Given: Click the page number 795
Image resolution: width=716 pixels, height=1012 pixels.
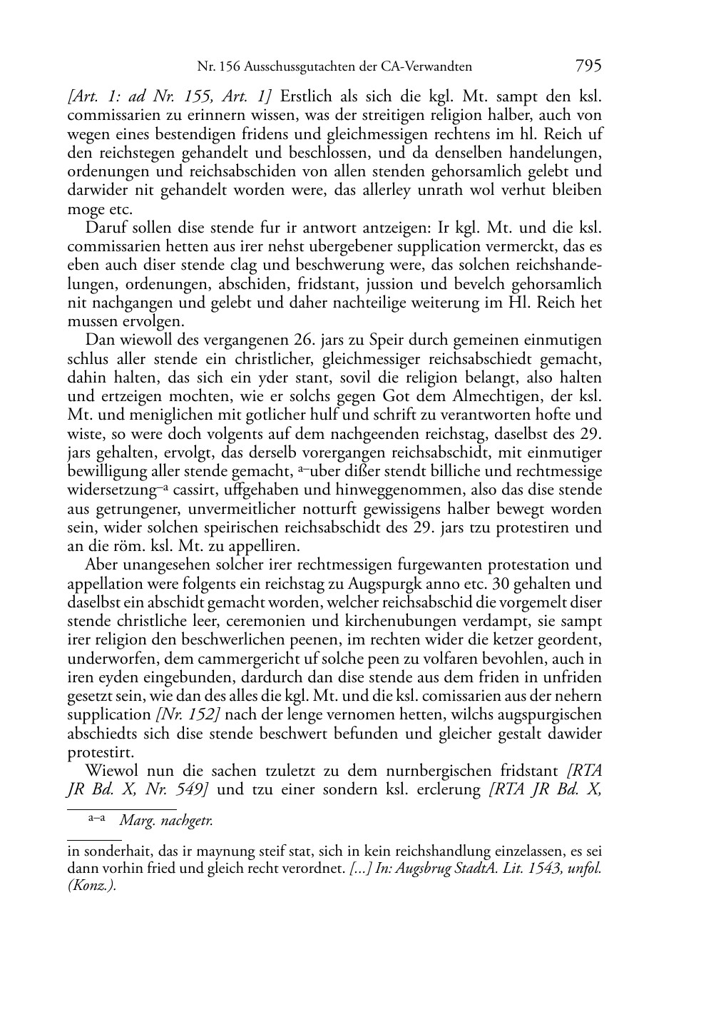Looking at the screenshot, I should click(x=588, y=66).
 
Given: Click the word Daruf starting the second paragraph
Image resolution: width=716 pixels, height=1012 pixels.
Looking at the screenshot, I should click(x=106, y=228).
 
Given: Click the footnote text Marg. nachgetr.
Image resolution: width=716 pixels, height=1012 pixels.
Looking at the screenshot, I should click(x=165, y=821).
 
